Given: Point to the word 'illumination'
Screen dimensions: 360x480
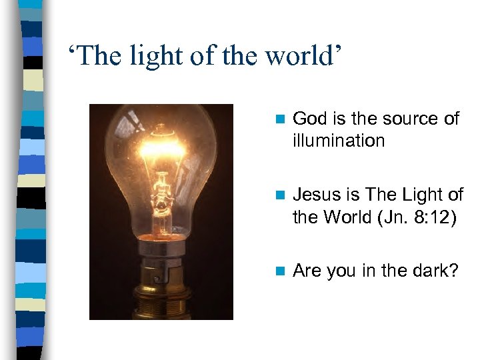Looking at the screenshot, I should point(339,141).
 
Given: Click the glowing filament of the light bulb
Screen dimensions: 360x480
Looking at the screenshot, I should point(162,146).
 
